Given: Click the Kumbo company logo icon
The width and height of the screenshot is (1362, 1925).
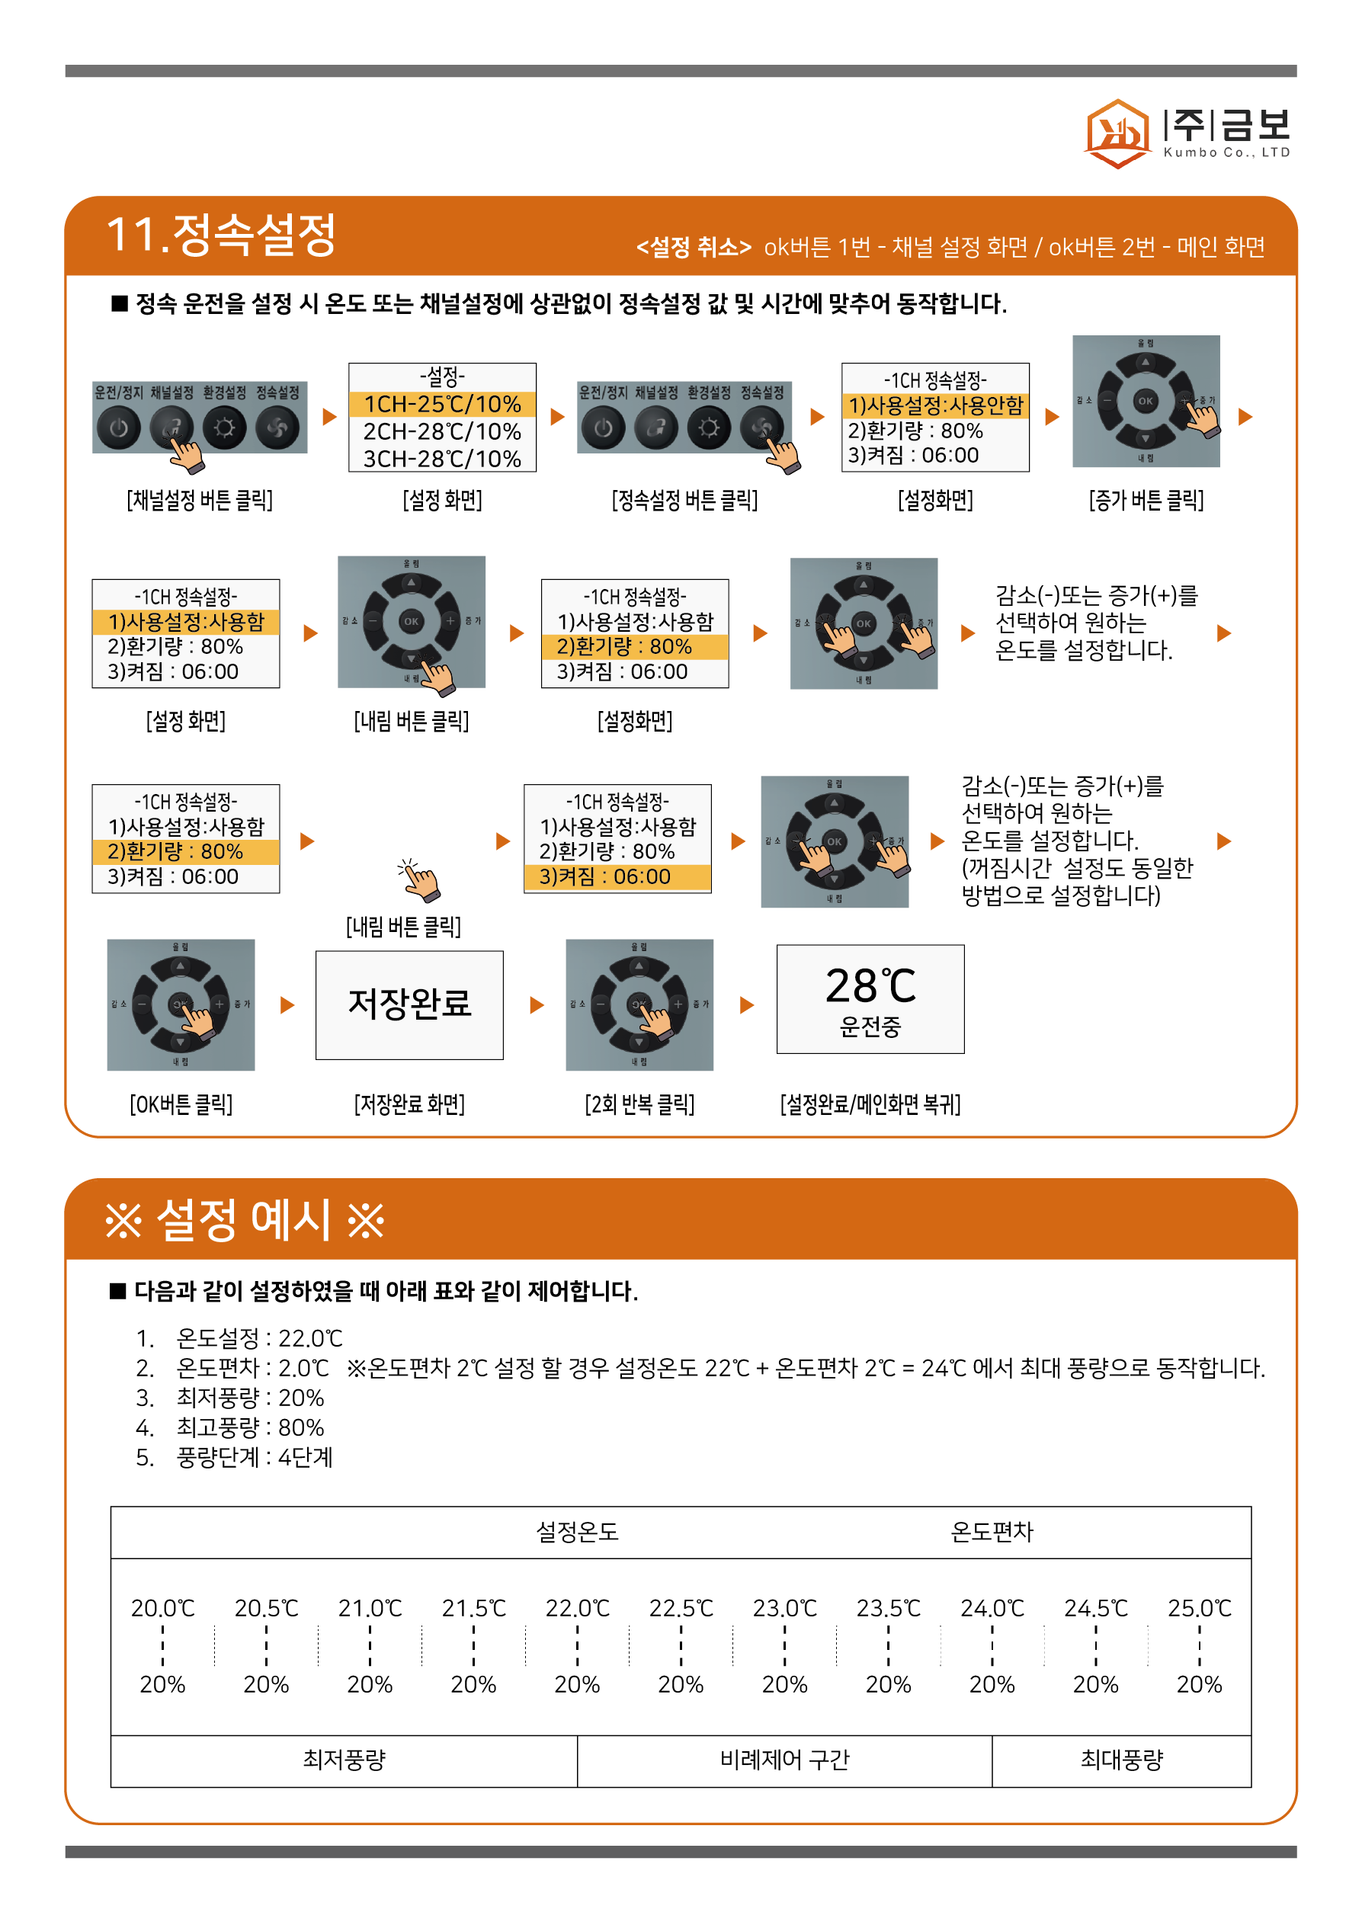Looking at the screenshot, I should point(1117,133).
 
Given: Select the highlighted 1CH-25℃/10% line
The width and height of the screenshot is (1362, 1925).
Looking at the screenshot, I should point(442,404).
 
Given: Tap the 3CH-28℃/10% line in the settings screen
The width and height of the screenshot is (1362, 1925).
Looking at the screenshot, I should point(442,459).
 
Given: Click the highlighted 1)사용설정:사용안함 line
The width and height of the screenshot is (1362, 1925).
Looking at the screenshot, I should point(935,405).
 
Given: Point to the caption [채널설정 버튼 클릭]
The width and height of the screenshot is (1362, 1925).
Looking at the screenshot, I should point(200,501).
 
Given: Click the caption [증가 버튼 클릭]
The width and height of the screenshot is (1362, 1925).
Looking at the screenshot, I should point(1146,501).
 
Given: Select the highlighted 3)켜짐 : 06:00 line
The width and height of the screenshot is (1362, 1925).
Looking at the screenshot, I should point(617,877).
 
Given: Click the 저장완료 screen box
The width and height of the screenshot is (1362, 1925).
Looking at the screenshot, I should point(409,1004).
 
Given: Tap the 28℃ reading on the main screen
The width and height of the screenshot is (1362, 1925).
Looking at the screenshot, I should point(870,986).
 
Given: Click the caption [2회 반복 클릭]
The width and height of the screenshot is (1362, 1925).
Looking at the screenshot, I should point(639,1104).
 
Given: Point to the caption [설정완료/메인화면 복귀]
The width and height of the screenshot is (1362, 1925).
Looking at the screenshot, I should point(870,1104).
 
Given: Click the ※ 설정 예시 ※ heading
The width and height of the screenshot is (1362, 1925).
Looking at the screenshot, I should point(244,1220).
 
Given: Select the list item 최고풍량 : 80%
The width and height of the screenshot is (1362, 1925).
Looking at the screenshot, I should point(250,1427).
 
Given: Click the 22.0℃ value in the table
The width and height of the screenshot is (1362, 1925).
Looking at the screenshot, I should point(577,1608).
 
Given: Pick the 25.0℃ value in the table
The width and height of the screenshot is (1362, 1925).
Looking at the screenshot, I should point(1200,1608).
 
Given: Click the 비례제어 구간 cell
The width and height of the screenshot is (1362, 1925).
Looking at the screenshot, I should point(784,1759).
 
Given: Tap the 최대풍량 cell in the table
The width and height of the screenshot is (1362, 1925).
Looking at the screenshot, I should point(1121,1759).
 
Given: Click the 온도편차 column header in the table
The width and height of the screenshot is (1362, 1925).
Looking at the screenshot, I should point(992,1532).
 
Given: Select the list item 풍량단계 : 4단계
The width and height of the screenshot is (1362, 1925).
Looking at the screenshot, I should point(254,1457).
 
